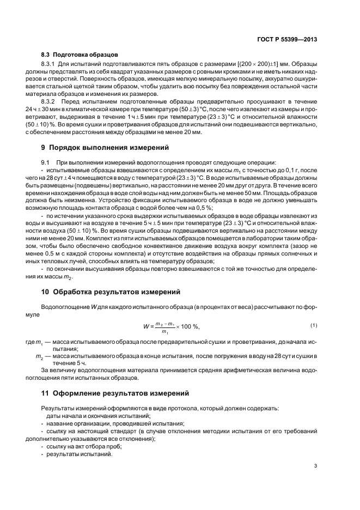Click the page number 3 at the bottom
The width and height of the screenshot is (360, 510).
pos(316,466)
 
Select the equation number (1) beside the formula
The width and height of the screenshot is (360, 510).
pos(314,326)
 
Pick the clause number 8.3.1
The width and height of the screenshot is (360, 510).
pos(50,64)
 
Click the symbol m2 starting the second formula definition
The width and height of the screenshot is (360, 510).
pos(39,356)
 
